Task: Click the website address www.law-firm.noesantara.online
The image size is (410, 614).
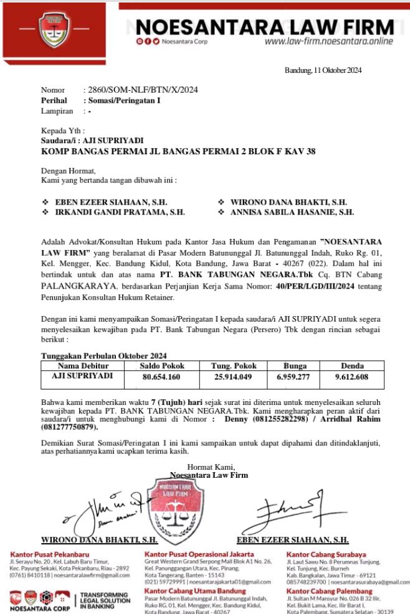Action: tap(328, 42)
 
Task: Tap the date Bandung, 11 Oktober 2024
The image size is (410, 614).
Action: tap(323, 70)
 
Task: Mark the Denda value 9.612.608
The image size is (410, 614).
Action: tap(351, 377)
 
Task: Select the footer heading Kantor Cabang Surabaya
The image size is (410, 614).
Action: tap(326, 554)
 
